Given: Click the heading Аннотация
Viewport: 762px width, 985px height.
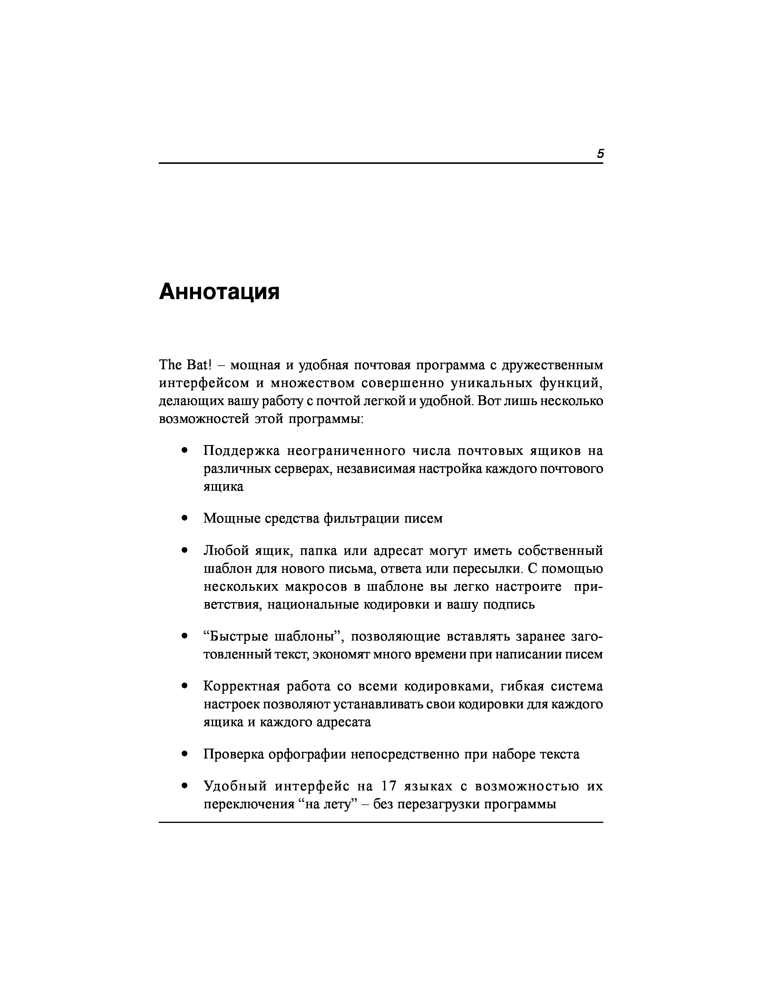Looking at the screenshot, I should (219, 292).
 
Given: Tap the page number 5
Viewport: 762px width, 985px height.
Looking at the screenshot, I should (600, 154).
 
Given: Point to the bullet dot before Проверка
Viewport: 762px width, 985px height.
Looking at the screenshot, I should (184, 754).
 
